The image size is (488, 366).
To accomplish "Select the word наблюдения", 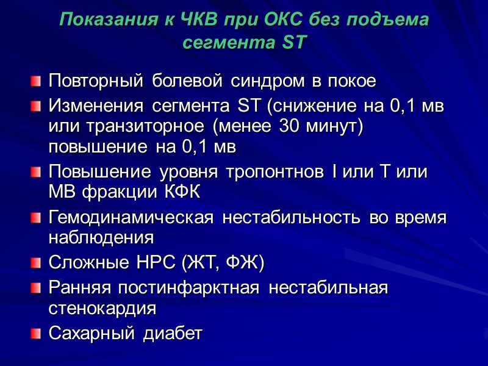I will [x=101, y=237].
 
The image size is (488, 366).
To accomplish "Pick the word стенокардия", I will [x=102, y=307].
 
